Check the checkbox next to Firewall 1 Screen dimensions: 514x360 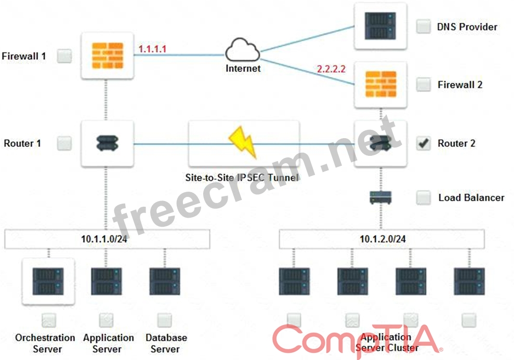point(64,56)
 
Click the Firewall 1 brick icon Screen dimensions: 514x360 point(108,56)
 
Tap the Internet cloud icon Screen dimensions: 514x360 point(243,50)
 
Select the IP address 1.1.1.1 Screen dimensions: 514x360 point(152,49)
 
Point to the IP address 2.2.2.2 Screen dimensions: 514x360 point(331,69)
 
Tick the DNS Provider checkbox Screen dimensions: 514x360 point(424,26)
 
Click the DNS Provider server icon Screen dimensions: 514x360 point(380,26)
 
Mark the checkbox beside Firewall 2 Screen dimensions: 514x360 point(424,85)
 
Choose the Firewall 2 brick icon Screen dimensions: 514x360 point(380,84)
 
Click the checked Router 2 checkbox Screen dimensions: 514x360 point(424,143)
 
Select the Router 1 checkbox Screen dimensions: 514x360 point(64,143)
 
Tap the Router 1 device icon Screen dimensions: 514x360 point(108,143)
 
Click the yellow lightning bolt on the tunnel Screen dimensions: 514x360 point(243,142)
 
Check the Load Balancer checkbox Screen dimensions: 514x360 point(424,197)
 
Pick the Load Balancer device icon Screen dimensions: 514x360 point(380,197)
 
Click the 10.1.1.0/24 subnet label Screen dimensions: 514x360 point(104,239)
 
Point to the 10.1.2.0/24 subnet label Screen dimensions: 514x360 point(383,239)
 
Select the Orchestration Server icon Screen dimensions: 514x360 point(48,282)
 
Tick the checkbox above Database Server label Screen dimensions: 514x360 point(165,321)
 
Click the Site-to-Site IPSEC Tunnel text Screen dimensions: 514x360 point(242,178)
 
